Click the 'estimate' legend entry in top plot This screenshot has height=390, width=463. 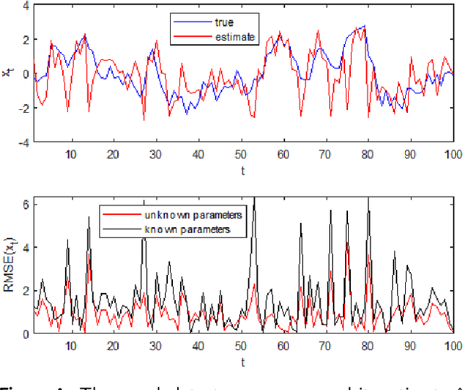236,36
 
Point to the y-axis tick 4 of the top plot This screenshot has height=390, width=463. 25,6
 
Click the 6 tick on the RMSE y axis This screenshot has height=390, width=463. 25,205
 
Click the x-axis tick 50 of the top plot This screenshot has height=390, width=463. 239,154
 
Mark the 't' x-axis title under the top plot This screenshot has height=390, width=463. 242,170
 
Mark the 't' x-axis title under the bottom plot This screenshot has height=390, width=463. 242,360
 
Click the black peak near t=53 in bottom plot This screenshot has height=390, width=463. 254,198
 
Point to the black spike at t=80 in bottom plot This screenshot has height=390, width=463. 368,211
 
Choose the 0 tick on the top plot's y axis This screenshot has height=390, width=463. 25,75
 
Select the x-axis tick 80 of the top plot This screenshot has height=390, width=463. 368,154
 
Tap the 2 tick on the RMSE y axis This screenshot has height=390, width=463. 25,291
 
